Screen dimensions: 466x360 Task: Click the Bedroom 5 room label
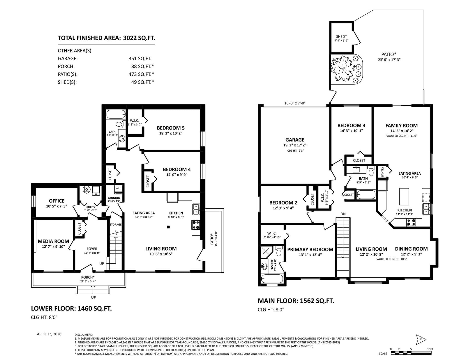pos(170,128)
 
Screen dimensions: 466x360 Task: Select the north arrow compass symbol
pos(421,339)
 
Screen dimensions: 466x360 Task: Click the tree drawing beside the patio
pos(343,69)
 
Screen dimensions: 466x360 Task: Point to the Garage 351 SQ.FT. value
pos(140,58)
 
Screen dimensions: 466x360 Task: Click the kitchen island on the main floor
pos(404,196)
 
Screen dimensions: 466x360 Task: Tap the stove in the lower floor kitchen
pos(196,225)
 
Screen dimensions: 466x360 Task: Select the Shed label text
pos(341,36)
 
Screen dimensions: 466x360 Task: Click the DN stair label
pos(343,214)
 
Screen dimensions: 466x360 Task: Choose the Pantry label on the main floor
pos(382,172)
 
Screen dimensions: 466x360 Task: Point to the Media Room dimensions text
pos(53,246)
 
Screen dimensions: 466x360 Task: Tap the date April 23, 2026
pos(49,334)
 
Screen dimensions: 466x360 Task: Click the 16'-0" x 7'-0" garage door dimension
pos(295,103)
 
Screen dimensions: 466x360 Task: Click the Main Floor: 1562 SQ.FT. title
pos(296,301)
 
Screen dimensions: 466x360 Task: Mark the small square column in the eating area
pos(168,227)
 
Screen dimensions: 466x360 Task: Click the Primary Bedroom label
pos(310,249)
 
